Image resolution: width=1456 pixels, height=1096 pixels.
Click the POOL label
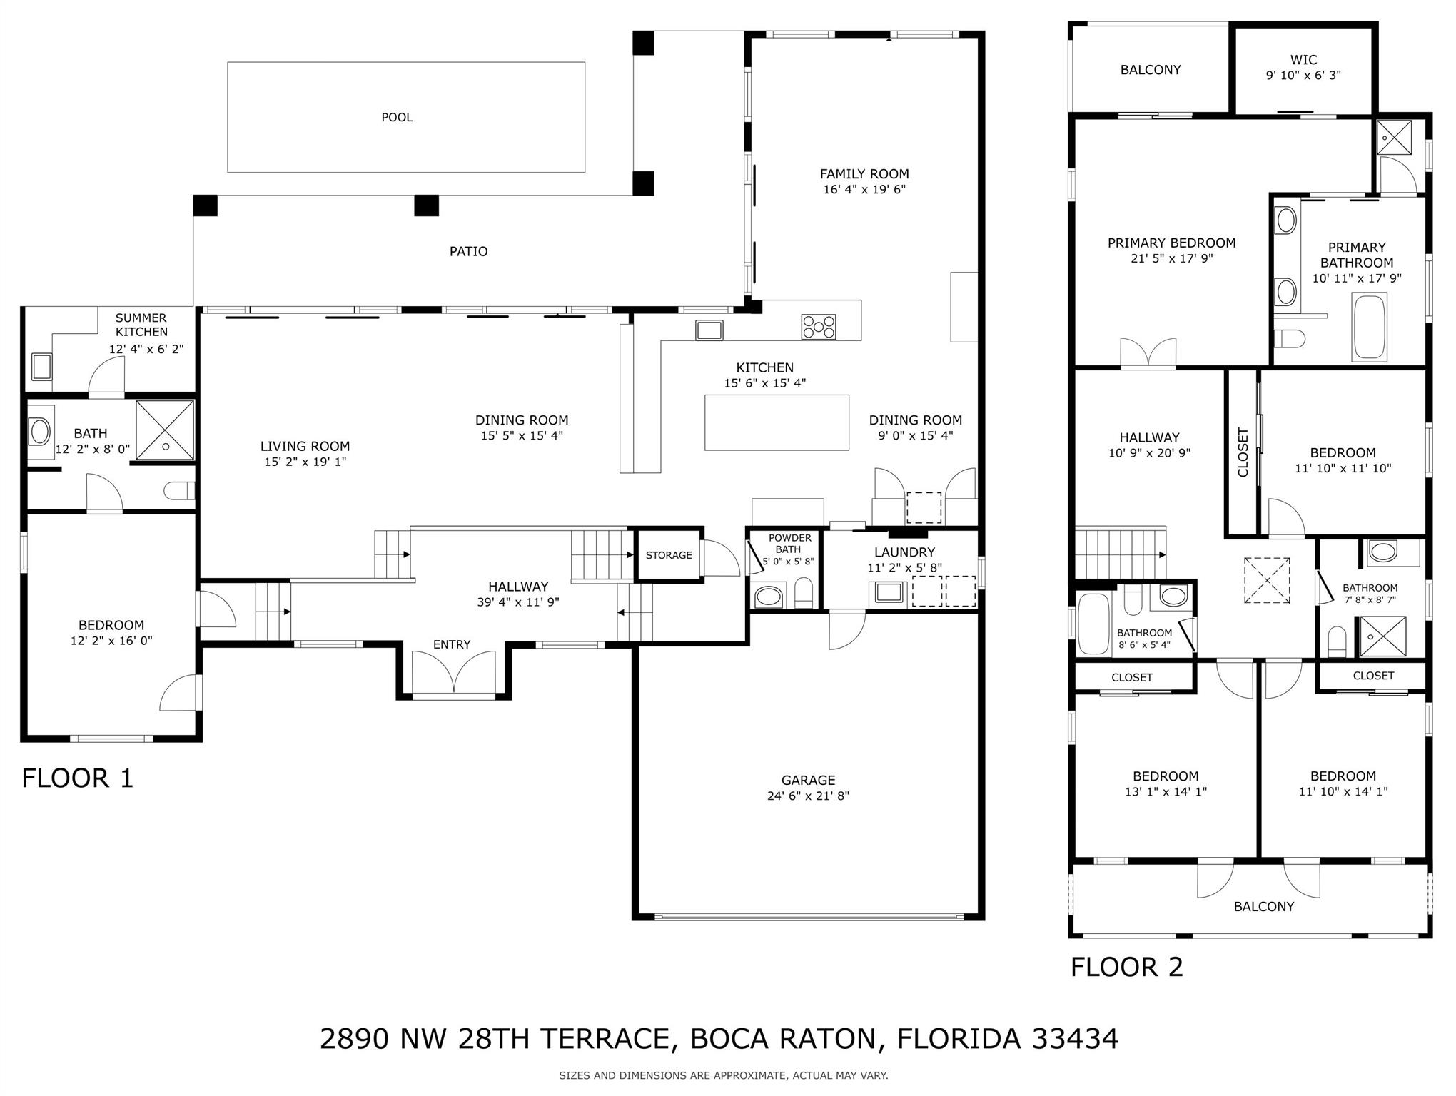click(x=397, y=118)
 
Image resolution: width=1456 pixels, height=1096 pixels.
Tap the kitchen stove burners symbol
click(x=819, y=327)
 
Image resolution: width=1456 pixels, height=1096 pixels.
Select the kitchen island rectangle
click(x=777, y=422)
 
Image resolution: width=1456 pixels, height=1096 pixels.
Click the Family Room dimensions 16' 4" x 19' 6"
click(x=864, y=190)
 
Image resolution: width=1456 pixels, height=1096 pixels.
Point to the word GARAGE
click(x=808, y=781)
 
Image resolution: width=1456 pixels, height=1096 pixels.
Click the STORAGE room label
click(x=669, y=555)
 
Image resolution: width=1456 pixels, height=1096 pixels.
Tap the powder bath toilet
click(x=804, y=594)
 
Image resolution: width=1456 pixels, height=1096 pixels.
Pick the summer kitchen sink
click(x=41, y=367)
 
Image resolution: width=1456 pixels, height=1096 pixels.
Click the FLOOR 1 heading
click(x=78, y=778)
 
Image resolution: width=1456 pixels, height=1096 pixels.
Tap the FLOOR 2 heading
click(x=1127, y=967)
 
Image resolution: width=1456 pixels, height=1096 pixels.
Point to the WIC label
click(x=1303, y=60)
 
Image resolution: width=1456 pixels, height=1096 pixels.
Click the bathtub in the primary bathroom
click(x=1369, y=328)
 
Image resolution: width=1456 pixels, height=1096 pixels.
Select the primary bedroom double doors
click(x=1148, y=353)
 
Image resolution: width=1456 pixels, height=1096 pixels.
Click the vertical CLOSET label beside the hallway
click(x=1243, y=452)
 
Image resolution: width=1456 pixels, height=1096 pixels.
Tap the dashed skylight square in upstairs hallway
click(x=1267, y=581)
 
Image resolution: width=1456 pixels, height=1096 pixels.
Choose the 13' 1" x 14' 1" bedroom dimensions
click(x=1166, y=792)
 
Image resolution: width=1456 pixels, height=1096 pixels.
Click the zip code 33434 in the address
click(x=1075, y=1039)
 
